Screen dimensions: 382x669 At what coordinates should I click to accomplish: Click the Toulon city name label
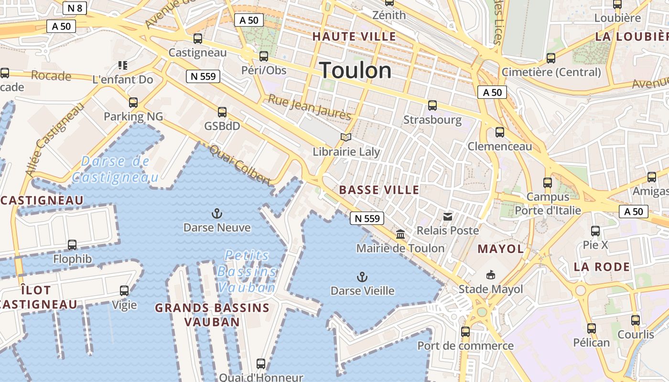tap(356, 71)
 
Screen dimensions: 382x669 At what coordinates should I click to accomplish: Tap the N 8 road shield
tap(75, 8)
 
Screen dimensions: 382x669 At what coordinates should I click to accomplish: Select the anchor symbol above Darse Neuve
tap(217, 213)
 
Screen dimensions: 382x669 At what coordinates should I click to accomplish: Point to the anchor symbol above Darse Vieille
tap(362, 276)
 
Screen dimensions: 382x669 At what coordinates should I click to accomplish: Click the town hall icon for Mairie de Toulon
tap(400, 234)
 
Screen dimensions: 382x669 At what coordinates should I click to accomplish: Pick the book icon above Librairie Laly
tap(346, 138)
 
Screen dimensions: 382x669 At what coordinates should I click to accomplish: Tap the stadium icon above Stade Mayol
tap(491, 275)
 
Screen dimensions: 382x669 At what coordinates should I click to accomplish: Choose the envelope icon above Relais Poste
tap(448, 217)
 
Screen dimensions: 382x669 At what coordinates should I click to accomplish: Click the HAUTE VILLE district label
tap(354, 36)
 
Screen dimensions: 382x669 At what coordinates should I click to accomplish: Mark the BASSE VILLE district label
tap(379, 190)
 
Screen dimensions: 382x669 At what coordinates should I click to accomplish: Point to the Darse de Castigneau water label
tap(115, 170)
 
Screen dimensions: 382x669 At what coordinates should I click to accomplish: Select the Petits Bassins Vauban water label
tap(247, 271)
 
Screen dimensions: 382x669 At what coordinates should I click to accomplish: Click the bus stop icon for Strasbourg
tap(432, 106)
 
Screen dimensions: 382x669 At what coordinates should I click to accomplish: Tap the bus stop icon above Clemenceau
tap(500, 132)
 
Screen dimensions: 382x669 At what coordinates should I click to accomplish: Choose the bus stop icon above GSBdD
tap(222, 112)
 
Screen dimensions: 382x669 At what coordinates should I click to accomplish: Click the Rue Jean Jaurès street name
tap(309, 107)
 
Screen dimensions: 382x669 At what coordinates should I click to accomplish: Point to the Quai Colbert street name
tap(240, 165)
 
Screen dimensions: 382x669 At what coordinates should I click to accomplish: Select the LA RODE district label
tap(602, 267)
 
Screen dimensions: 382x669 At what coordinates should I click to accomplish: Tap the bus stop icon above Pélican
tap(592, 329)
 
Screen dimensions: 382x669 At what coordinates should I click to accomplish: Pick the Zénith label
tap(389, 15)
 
